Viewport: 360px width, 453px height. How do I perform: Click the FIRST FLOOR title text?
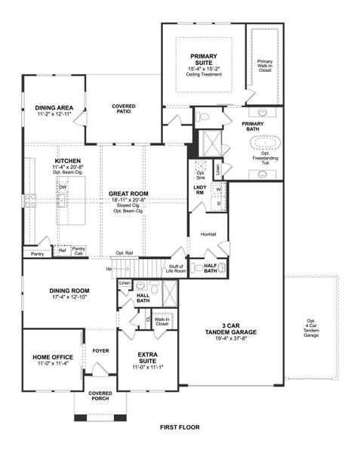180,427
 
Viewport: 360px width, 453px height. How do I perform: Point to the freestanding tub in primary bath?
265,142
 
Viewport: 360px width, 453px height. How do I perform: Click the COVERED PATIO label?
123,109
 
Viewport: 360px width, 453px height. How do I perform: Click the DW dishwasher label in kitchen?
63,187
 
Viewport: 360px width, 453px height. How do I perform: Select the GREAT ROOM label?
128,193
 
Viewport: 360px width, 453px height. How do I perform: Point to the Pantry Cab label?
78,250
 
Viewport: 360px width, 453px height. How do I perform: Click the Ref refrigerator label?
62,250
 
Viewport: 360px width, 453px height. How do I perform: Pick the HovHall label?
208,234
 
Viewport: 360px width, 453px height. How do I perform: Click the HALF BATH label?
211,268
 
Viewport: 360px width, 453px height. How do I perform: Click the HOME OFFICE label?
51,359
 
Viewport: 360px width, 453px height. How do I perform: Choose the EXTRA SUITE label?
147,358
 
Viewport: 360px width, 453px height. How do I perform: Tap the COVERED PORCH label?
100,396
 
